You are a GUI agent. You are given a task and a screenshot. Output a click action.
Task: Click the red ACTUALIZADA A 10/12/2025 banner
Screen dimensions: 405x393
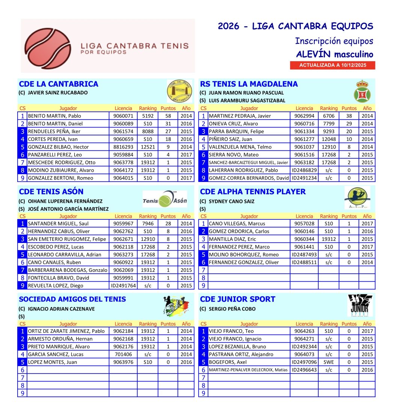332,65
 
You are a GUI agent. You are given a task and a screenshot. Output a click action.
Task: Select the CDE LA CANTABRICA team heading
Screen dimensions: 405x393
59,84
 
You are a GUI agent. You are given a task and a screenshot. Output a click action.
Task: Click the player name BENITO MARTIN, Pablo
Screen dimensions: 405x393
54,116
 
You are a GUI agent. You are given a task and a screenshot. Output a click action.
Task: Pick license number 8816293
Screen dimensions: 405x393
123,147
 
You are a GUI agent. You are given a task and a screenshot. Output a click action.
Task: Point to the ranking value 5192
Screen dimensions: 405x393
148,116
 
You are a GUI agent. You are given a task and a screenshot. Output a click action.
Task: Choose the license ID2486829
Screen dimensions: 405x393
304,170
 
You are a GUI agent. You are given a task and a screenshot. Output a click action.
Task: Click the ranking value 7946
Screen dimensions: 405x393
148,223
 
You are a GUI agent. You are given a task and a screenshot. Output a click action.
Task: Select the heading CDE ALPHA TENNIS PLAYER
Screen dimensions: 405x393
253,192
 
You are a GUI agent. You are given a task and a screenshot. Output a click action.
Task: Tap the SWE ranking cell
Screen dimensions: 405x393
329,362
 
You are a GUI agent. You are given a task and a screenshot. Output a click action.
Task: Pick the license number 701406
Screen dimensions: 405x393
123,354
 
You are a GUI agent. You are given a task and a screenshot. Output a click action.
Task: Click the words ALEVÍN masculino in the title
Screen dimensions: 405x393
334,54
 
